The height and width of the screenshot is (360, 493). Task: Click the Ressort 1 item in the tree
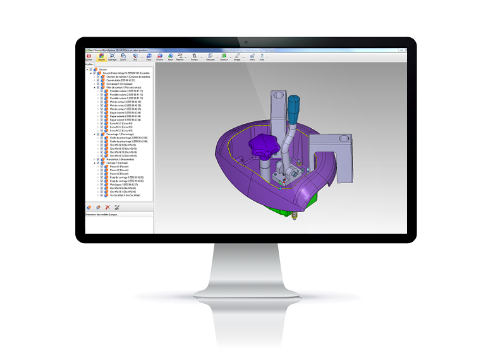[117, 167]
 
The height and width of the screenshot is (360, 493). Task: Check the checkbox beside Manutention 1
[97, 159]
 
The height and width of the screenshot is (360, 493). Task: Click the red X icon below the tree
[107, 207]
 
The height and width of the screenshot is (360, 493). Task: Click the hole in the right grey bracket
[344, 137]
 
